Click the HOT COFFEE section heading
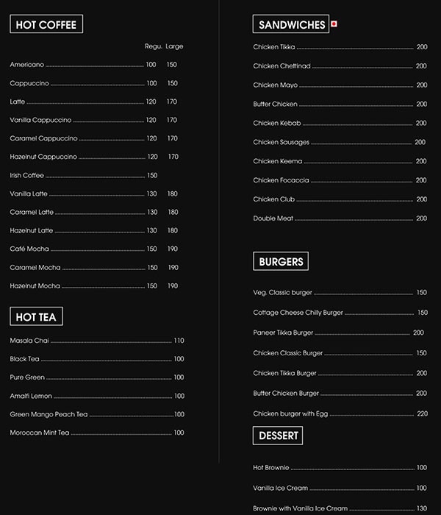[46, 25]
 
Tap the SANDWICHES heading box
[291, 25]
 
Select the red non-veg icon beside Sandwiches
[334, 24]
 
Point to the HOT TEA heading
[36, 317]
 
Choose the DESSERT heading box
[278, 436]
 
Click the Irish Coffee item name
[27, 176]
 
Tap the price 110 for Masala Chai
[179, 341]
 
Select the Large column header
[174, 46]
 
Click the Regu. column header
[153, 46]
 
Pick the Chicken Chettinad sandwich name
[282, 66]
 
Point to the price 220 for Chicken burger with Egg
[421, 413]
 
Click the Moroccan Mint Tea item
[40, 433]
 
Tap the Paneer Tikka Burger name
[283, 333]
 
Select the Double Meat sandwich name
[273, 219]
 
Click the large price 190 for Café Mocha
[172, 249]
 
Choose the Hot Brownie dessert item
[271, 468]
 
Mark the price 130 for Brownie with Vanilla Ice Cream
[421, 508]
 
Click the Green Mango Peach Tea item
[49, 414]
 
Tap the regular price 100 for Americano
[151, 65]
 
